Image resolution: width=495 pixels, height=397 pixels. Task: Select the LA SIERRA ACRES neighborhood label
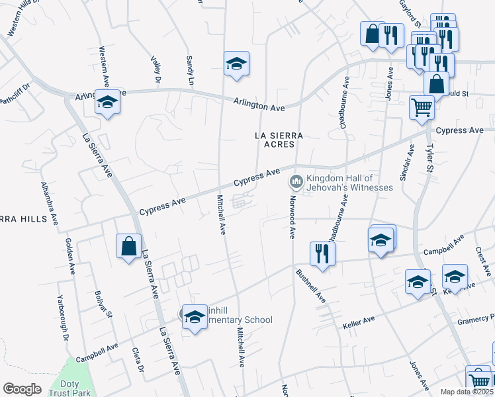point(279,140)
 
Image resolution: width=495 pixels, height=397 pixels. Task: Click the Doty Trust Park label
point(69,388)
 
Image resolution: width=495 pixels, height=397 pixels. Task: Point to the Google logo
point(22,389)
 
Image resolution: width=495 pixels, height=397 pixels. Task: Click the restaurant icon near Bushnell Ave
point(322,253)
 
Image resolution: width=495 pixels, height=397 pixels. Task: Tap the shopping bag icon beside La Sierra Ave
point(128,246)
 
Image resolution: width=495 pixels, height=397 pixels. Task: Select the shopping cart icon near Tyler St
point(422,107)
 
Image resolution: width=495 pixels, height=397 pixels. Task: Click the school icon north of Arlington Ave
point(236,64)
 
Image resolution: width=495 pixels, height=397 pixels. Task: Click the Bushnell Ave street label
point(311,285)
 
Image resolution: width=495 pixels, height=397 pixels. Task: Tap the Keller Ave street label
point(359,323)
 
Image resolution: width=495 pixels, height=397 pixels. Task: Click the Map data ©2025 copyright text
point(467,392)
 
